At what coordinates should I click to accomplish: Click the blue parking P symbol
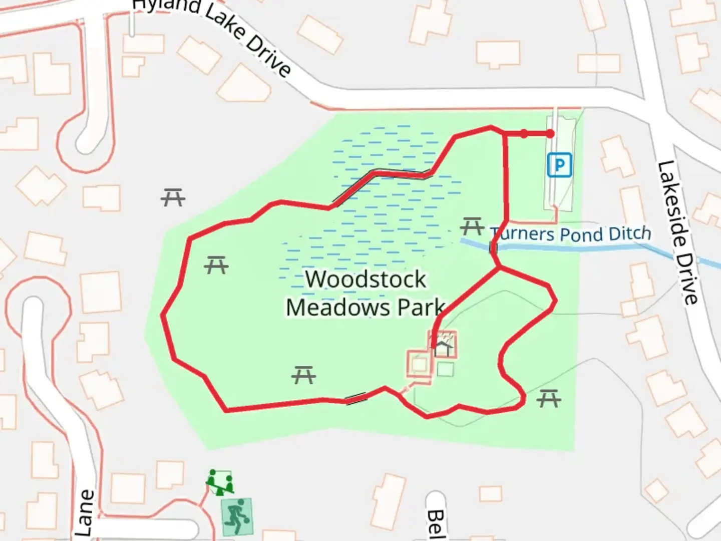tap(559, 165)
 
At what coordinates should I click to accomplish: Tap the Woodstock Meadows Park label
tap(366, 294)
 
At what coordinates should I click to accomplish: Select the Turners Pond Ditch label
tap(571, 234)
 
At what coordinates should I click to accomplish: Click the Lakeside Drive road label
tap(678, 232)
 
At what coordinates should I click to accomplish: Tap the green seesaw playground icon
tap(220, 482)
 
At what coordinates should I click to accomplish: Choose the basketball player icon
tap(236, 515)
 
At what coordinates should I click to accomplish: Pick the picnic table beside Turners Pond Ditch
tap(472, 226)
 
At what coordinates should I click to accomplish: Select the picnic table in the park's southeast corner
tap(549, 399)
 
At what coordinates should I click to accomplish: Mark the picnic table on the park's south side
tap(303, 375)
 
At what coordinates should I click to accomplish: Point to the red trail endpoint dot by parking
tap(550, 134)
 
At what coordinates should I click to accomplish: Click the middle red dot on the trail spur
tap(524, 134)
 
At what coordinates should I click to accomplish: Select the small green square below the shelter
tap(445, 370)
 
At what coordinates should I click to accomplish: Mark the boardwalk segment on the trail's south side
tap(356, 399)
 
